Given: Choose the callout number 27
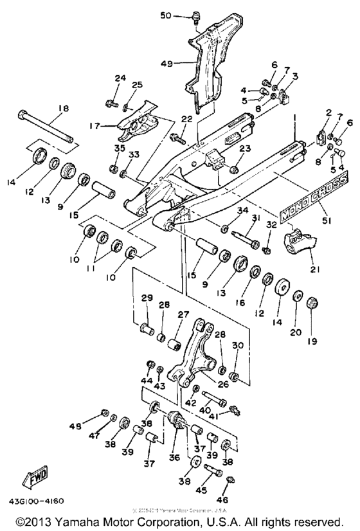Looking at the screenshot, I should [184, 314].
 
